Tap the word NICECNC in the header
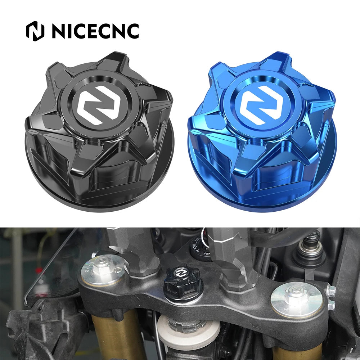(95, 31)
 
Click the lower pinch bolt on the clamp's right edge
(331, 305)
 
